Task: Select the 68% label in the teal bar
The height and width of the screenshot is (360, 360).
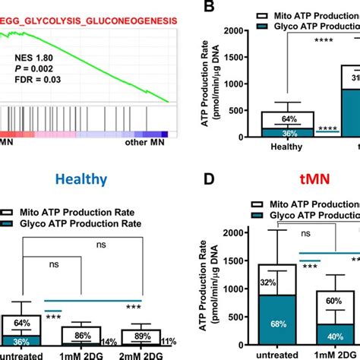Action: point(267,325)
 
